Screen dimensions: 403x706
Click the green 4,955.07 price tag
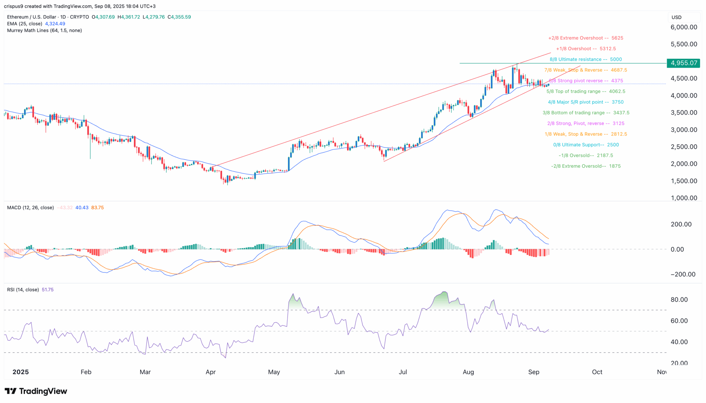[683, 63]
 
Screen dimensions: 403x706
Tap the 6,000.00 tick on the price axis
[684, 27]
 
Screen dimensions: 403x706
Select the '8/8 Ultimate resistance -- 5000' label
[586, 59]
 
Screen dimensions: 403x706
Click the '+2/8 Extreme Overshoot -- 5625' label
[586, 38]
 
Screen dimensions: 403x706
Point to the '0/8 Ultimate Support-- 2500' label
[586, 145]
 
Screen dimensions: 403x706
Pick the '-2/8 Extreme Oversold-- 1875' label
[586, 166]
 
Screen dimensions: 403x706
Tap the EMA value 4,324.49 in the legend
[55, 24]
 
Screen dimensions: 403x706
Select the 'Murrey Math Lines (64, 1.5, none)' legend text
[44, 30]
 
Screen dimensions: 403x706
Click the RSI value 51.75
[48, 290]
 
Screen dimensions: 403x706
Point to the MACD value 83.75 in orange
[98, 208]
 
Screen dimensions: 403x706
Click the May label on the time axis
[274, 372]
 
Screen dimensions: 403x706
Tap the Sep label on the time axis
[534, 372]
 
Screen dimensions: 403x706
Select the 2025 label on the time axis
[21, 372]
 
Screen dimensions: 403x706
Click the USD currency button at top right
[677, 17]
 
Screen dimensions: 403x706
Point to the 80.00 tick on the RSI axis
[679, 299]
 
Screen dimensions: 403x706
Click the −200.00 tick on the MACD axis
[683, 274]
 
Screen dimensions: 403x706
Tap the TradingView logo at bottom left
[36, 391]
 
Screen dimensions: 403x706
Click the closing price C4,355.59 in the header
[179, 17]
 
